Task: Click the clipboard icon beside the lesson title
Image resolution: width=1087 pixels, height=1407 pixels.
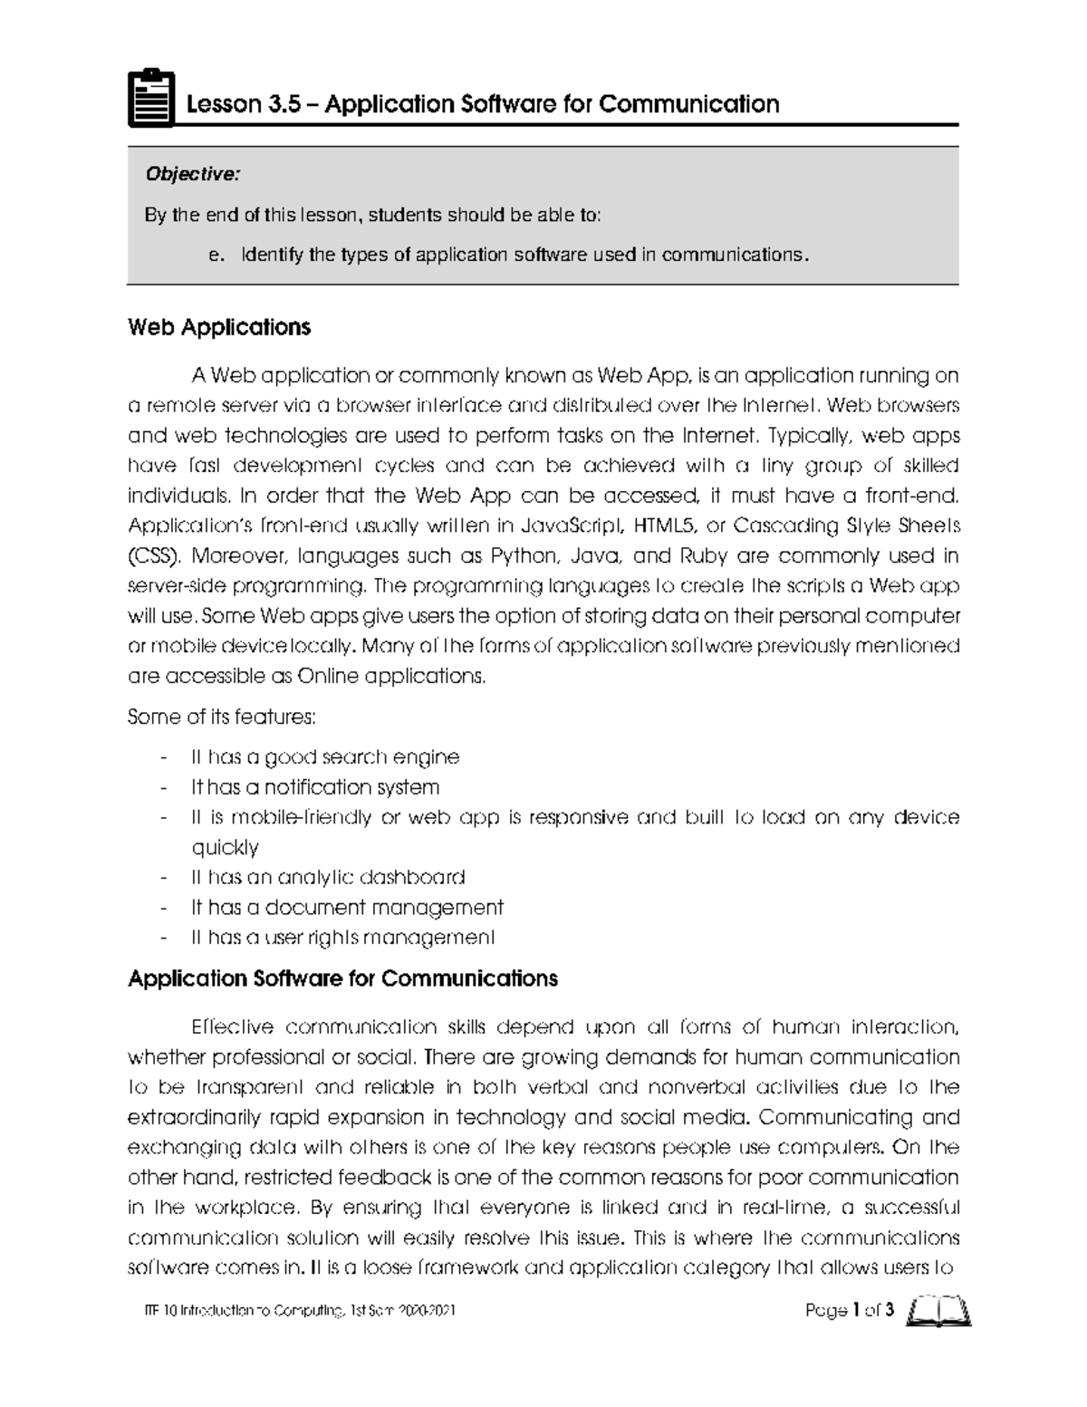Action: [x=150, y=99]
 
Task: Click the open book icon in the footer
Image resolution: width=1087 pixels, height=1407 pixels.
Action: [x=938, y=1311]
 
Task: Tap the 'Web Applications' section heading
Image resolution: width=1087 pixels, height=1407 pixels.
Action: [x=219, y=327]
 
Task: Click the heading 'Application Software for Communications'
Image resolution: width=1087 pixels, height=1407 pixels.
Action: [x=342, y=979]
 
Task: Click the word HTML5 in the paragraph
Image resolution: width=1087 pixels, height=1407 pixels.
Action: [x=665, y=525]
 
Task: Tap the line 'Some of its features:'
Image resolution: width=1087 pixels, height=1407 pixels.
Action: [x=222, y=718]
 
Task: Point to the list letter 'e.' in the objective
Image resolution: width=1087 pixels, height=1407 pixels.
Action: [x=215, y=255]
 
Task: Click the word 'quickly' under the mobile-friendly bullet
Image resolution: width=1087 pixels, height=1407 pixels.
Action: [x=225, y=847]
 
